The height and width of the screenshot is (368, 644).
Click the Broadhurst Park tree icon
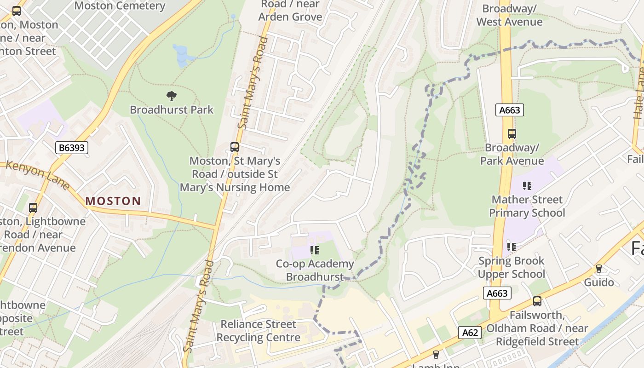(x=172, y=96)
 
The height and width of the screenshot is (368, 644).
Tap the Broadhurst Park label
(x=172, y=110)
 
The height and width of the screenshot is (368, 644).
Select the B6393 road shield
(x=71, y=148)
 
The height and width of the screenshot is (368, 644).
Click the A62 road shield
(x=470, y=332)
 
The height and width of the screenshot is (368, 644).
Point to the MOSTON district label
(x=113, y=201)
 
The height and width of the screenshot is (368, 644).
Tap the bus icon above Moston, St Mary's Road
(x=235, y=147)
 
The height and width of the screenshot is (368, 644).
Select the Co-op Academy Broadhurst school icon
(x=315, y=250)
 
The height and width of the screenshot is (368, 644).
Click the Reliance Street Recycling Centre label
(x=258, y=331)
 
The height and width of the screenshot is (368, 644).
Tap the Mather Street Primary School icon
(x=527, y=186)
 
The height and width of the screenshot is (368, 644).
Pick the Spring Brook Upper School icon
(x=512, y=247)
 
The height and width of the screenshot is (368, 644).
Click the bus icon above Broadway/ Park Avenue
(x=512, y=134)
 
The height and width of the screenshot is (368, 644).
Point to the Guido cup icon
(x=599, y=268)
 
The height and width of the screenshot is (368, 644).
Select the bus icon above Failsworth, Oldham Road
(x=537, y=301)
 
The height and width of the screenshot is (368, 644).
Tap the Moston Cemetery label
(x=120, y=6)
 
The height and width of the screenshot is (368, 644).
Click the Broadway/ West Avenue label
(x=509, y=15)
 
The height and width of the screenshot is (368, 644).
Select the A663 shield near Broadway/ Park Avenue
(x=510, y=110)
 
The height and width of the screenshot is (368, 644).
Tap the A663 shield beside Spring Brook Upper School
(x=497, y=293)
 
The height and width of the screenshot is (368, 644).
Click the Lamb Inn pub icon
(x=436, y=355)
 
